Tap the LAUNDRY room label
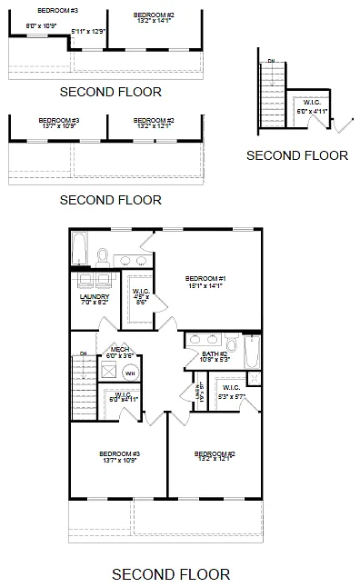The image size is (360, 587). (x=95, y=296)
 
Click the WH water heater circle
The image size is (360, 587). (x=130, y=372)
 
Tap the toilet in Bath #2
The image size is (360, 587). (x=231, y=345)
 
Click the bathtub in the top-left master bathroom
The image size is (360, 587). (x=80, y=245)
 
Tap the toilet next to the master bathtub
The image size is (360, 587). (x=103, y=256)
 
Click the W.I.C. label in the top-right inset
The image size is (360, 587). (x=311, y=103)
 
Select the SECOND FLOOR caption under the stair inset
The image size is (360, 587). (x=297, y=155)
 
